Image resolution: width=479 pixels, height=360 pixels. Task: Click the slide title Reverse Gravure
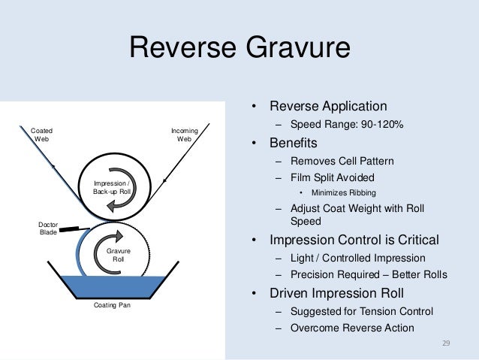point(239,48)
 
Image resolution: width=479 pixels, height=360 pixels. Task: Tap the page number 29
point(445,343)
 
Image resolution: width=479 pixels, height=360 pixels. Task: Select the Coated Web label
point(41,135)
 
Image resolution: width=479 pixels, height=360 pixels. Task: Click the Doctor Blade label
point(48,228)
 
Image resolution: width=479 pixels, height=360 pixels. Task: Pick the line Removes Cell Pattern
point(341,161)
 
